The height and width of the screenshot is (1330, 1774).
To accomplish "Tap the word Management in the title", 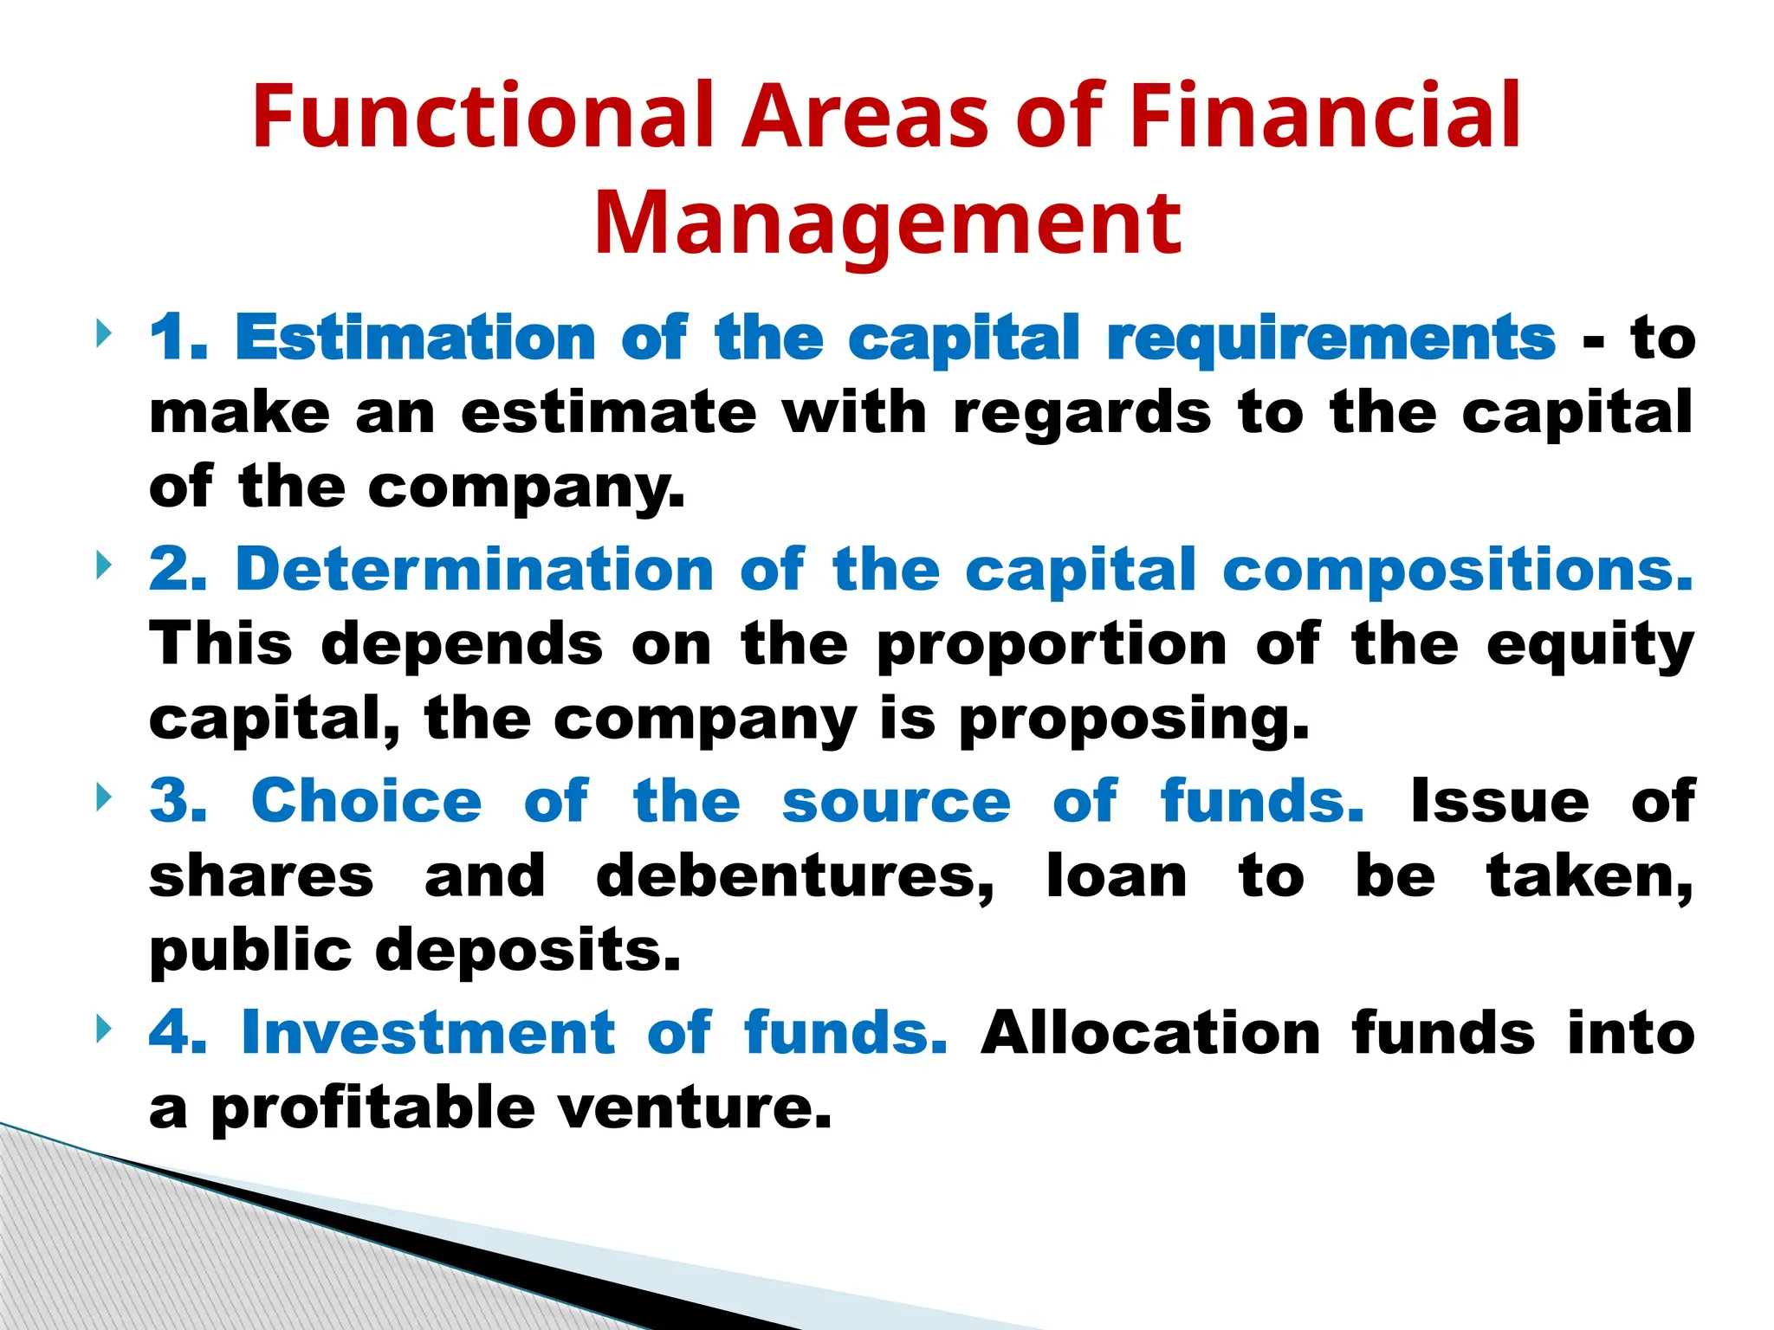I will click(x=887, y=223).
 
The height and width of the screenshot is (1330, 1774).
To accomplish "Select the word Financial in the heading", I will click(x=1325, y=117).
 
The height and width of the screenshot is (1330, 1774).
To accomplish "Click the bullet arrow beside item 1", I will click(x=104, y=333).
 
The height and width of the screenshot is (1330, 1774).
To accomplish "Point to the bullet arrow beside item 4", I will click(x=104, y=1030).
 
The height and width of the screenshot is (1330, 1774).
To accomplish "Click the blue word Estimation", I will click(x=415, y=338).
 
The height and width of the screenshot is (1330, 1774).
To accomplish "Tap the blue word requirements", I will click(x=1331, y=339).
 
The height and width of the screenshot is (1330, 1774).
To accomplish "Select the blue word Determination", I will click(x=474, y=570).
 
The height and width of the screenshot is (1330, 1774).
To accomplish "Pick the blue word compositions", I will click(x=1457, y=571).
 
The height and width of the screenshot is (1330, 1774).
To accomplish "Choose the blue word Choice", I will click(x=366, y=801).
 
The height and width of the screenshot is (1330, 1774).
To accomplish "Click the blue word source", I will click(x=896, y=803).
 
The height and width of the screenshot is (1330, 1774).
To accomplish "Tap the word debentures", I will click(x=795, y=876).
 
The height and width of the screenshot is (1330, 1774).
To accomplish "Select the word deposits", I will click(x=528, y=952).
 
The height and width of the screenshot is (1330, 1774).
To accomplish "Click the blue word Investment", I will click(x=428, y=1033).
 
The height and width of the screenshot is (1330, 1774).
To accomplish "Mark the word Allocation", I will click(x=1150, y=1033).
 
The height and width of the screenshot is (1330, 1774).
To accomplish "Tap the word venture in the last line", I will click(x=693, y=1109).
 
